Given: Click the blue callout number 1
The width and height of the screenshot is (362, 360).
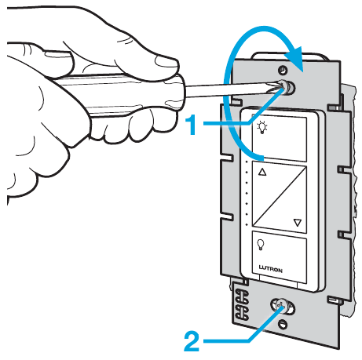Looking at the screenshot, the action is point(193,125).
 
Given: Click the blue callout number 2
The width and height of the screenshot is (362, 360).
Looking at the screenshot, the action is point(192,341).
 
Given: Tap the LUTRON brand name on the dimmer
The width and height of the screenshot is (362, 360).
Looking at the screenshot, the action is point(271,269).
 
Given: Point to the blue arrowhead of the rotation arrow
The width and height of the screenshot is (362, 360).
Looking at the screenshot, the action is point(294,59).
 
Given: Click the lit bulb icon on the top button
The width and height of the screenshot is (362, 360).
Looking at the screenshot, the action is point(262,127).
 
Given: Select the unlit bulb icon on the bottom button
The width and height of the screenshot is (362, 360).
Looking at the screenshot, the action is point(261,245).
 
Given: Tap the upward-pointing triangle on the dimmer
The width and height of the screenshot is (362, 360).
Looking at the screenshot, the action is point(262,172).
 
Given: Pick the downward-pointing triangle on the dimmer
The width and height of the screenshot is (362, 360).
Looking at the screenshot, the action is point(298,223).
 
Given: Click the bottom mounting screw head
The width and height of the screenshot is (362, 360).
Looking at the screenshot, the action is point(282,307).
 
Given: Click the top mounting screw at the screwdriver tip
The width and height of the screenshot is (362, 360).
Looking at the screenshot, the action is point(287,87).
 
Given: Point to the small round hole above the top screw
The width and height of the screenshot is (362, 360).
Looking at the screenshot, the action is point(283,70).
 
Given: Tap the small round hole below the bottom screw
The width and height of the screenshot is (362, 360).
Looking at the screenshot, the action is point(282,324).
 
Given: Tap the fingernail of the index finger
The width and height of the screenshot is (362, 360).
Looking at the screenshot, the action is point(167,62).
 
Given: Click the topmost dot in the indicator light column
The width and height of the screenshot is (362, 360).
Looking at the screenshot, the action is point(247,162).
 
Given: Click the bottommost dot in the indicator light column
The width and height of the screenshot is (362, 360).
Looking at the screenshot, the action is point(247,224).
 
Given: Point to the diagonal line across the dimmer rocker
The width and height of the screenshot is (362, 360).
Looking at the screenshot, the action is point(280,197).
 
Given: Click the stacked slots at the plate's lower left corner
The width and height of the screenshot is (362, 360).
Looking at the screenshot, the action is point(242,304).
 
